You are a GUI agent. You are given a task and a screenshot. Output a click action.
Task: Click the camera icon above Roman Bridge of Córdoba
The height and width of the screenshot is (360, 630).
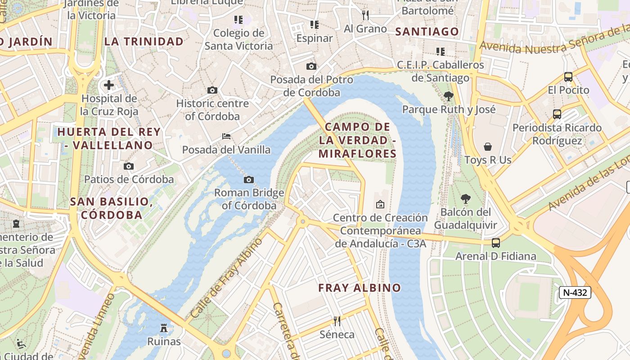click(248, 180)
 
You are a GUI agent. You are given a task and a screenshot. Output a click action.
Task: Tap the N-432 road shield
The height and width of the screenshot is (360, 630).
click(575, 292)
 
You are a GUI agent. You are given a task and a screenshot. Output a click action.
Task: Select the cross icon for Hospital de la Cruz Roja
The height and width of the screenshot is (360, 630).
click(108, 85)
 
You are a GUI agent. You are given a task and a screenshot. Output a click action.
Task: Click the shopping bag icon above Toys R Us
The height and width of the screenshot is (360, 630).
click(488, 147)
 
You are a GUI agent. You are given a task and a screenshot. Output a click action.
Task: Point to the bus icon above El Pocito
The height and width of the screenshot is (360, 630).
click(568, 77)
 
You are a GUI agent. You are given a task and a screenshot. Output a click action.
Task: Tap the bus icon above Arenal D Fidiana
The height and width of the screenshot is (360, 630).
click(495, 243)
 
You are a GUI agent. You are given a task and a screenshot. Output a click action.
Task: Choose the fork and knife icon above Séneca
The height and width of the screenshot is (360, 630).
click(337, 321)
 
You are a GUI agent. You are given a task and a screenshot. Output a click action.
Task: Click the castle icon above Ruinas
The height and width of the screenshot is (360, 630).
click(164, 328)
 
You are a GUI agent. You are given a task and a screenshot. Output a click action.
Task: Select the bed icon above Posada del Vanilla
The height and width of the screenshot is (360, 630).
click(226, 136)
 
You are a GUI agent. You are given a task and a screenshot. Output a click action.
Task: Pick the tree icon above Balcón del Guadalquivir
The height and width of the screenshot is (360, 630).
click(466, 198)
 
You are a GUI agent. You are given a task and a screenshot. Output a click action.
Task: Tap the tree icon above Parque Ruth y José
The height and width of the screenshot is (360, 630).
click(448, 96)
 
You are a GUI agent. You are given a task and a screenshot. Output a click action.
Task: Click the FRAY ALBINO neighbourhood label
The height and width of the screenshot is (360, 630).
click(359, 288)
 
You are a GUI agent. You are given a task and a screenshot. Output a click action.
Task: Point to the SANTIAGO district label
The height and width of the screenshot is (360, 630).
click(427, 31)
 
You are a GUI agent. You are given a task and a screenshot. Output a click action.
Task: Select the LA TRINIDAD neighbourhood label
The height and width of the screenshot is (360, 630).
click(144, 42)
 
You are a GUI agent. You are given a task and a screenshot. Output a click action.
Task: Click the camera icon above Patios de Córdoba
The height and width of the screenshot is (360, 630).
click(129, 166)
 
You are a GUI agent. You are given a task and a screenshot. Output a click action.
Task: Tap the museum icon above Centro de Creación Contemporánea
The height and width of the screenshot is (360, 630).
click(380, 204)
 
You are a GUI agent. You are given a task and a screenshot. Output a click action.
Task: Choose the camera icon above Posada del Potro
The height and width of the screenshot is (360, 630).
click(311, 67)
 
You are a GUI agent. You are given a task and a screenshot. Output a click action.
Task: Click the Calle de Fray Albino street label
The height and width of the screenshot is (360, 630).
click(226, 278)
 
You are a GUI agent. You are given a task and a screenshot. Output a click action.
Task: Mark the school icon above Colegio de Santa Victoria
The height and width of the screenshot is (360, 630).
click(238, 20)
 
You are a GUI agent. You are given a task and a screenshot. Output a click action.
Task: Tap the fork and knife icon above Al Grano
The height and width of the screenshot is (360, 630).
click(365, 15)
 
